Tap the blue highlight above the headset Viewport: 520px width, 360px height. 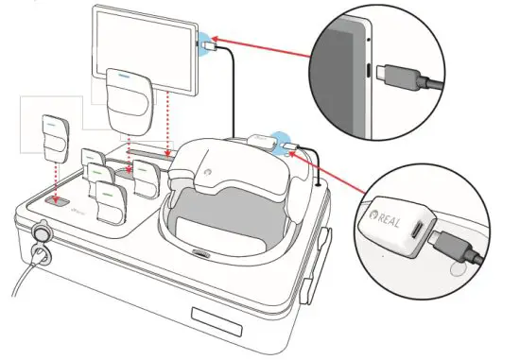coord(281,138)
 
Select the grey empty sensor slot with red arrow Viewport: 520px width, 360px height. coord(53,201)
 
